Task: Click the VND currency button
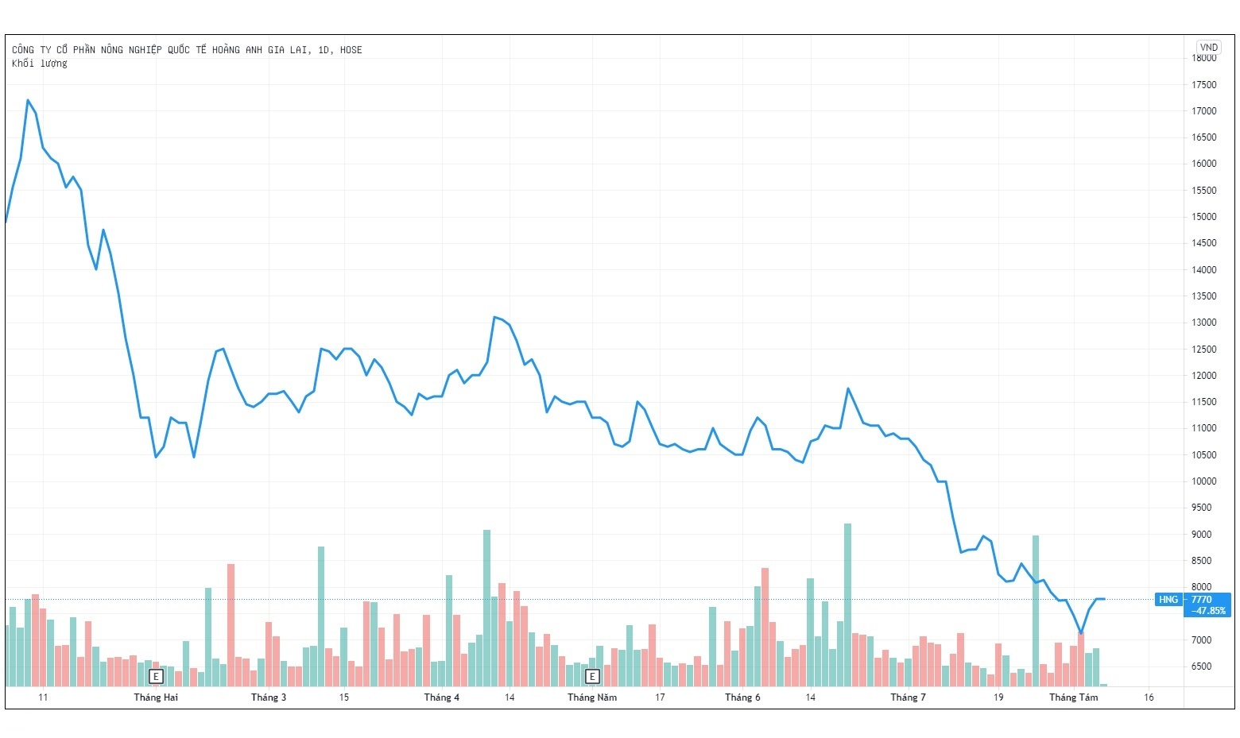tap(1208, 48)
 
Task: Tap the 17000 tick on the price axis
tap(1204, 111)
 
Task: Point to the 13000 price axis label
tap(1204, 323)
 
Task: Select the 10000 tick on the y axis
tap(1204, 481)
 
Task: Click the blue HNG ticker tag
tap(1168, 600)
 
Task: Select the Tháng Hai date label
tap(156, 697)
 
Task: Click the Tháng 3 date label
tap(269, 697)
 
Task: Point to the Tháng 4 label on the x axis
tap(441, 697)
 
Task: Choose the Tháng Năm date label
tap(592, 697)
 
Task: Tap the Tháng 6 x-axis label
tap(742, 697)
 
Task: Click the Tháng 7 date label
tap(908, 697)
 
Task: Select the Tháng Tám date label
tap(1073, 697)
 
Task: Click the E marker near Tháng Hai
tap(157, 677)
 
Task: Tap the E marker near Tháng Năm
tap(592, 677)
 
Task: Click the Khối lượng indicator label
tap(40, 64)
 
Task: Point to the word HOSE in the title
tap(351, 50)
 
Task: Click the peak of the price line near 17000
tap(28, 100)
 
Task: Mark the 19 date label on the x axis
tap(998, 697)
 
